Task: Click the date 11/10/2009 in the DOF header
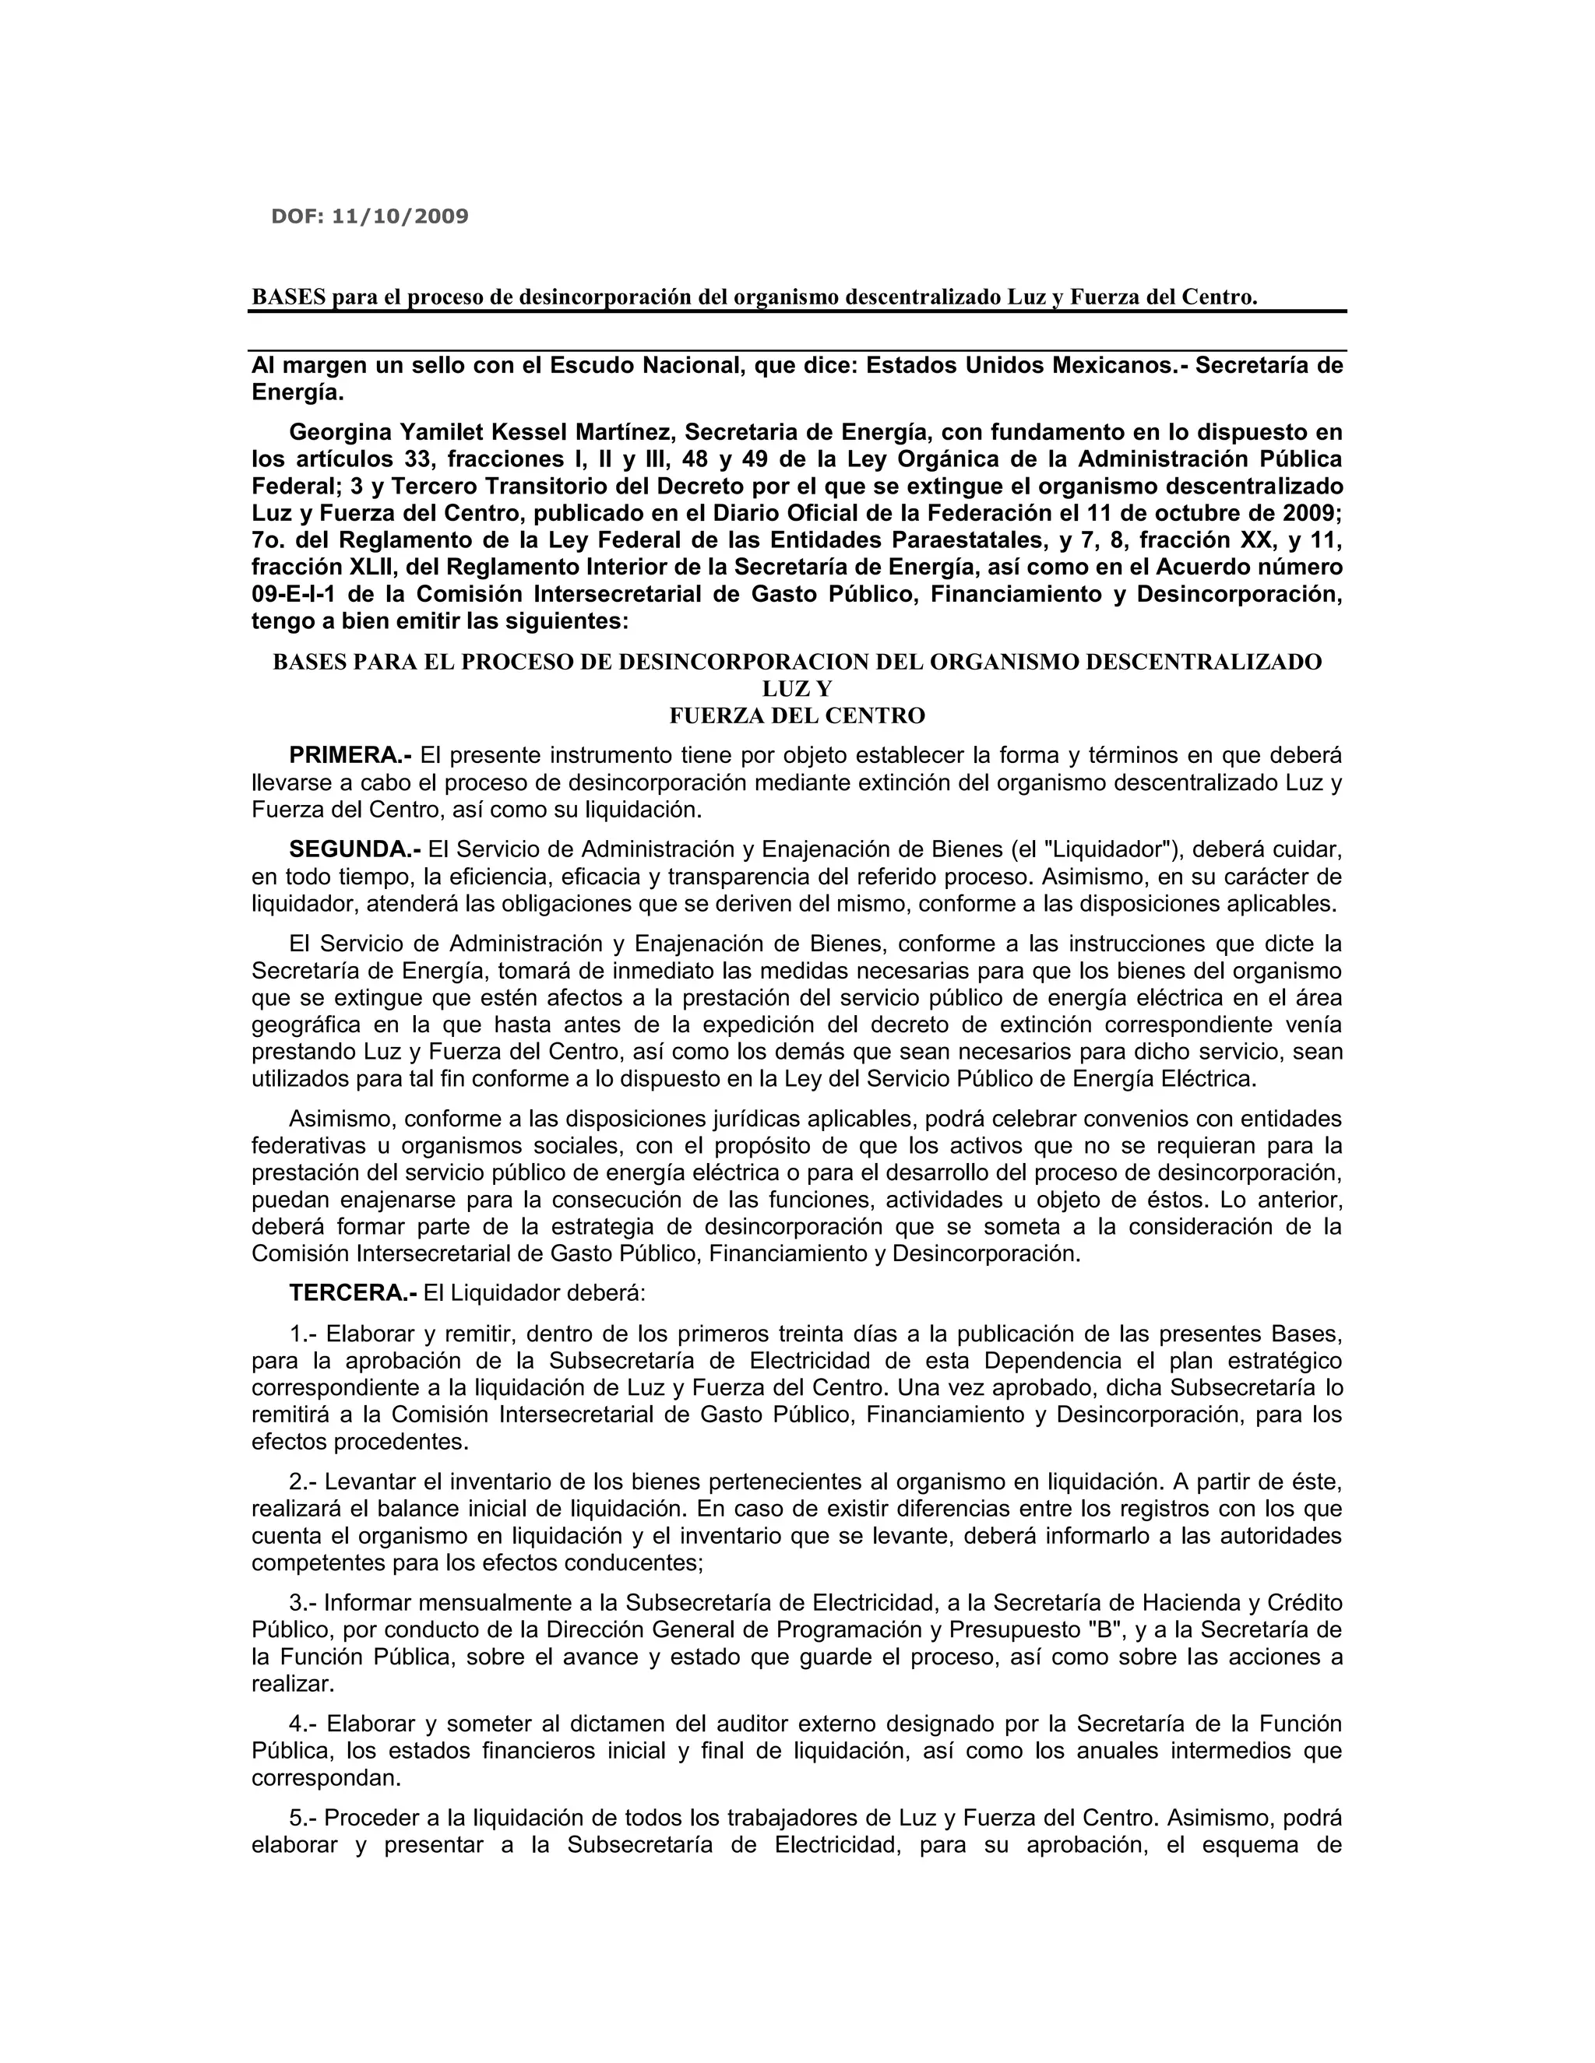pyautogui.click(x=400, y=216)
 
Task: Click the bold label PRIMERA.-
pyautogui.click(x=350, y=756)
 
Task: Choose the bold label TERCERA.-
pyautogui.click(x=353, y=1292)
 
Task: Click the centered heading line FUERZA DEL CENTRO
pyautogui.click(x=797, y=716)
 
